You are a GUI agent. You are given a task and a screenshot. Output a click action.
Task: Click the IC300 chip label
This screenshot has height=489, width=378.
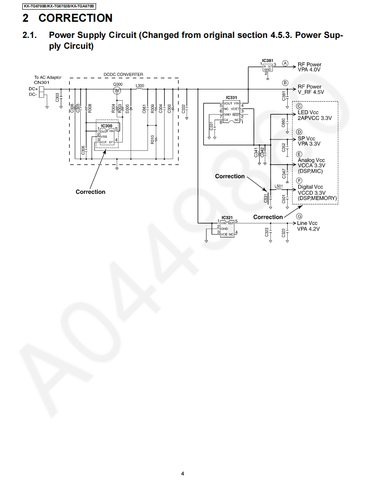[107, 126]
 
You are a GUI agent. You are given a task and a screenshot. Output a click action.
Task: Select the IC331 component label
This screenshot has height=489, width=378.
[232, 98]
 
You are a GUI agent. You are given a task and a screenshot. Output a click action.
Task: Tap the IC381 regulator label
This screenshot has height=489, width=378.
[268, 61]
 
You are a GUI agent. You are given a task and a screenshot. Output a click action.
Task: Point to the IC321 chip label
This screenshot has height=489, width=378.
[227, 217]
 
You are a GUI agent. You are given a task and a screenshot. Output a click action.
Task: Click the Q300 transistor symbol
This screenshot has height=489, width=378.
[117, 91]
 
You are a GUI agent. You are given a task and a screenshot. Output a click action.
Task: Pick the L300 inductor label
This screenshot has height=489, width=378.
[140, 86]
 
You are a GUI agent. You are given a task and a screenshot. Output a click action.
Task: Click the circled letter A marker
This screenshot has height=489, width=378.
[285, 63]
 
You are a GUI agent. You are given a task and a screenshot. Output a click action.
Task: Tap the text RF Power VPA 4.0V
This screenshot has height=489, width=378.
[309, 67]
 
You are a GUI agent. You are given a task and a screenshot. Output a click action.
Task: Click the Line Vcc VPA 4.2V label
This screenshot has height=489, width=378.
[308, 226]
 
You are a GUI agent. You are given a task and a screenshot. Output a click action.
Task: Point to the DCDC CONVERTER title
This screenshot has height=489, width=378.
[124, 75]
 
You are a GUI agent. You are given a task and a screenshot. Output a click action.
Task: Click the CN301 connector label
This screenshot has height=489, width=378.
[42, 82]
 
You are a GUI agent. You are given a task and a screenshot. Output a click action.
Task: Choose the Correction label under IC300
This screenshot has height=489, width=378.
[90, 192]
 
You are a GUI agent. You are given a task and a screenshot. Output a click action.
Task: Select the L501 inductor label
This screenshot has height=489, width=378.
[278, 186]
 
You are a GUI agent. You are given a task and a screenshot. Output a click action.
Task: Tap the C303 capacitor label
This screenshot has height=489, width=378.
[58, 98]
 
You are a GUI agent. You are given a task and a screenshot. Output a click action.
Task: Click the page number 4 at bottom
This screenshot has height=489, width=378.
[182, 473]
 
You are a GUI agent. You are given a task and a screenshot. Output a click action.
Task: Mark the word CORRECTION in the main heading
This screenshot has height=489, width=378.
[75, 18]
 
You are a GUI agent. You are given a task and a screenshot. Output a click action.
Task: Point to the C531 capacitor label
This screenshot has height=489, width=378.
[266, 199]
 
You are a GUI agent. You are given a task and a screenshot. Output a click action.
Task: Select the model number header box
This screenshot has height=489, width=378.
[59, 6]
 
